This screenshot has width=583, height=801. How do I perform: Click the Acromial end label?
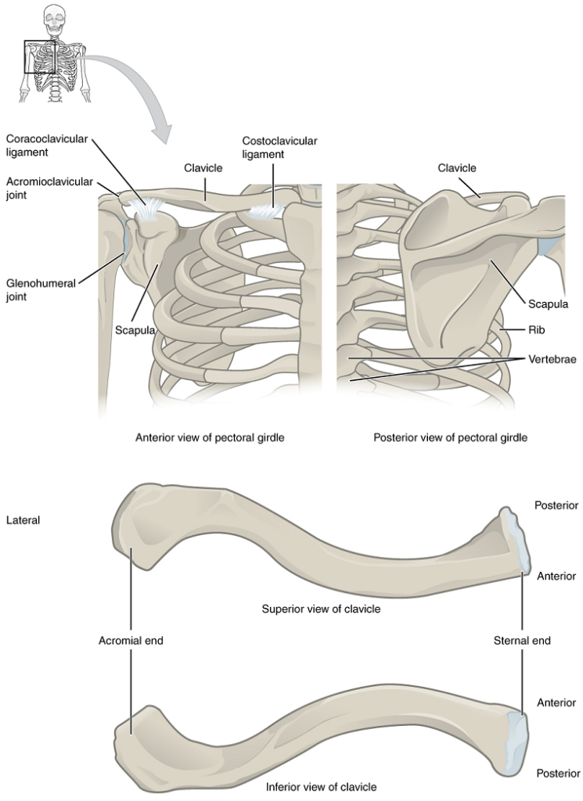(131, 640)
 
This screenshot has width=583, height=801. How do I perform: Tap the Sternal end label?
(522, 640)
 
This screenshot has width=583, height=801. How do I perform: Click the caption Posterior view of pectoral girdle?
(450, 437)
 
